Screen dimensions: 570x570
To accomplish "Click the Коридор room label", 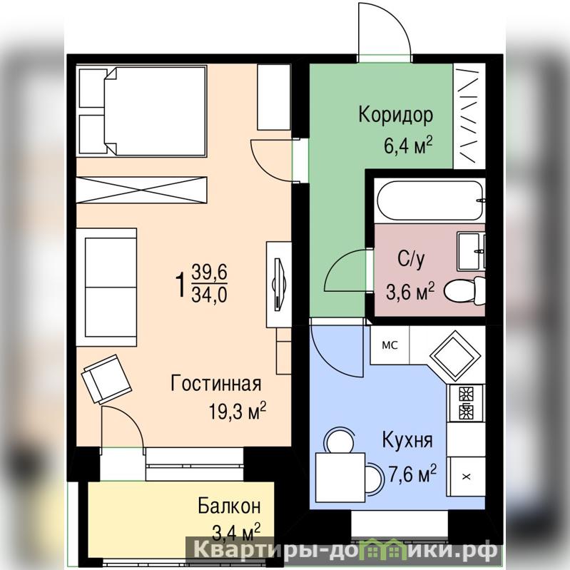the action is click(395, 116).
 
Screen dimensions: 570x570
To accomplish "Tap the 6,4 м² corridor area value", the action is click(408, 145).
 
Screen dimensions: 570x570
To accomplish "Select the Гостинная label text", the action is click(216, 384).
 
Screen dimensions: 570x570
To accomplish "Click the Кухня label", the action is click(407, 440).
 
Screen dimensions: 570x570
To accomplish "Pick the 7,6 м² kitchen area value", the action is click(412, 473).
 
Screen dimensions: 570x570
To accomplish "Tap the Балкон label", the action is click(230, 506).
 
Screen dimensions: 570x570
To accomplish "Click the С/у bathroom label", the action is click(411, 258).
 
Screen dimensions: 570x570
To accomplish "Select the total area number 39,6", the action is click(210, 273).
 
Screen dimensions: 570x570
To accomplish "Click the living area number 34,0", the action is click(210, 295).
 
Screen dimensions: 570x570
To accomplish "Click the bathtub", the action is click(431, 200).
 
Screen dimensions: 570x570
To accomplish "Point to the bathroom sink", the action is click(472, 251).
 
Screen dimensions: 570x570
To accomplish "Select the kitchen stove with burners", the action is click(466, 402).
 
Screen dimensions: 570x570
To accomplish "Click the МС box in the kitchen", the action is click(390, 345).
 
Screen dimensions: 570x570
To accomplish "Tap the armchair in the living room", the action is click(107, 379).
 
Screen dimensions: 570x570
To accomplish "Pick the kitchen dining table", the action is click(340, 477).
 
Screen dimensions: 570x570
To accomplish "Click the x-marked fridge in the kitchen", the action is click(466, 477).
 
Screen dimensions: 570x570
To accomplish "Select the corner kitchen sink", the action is click(454, 354).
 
